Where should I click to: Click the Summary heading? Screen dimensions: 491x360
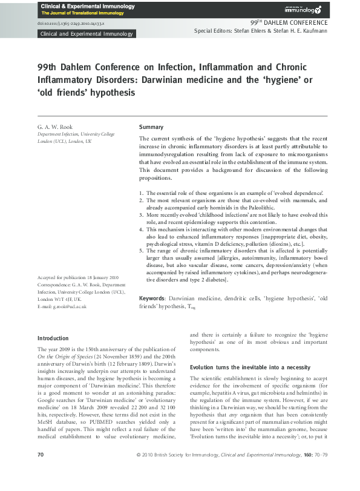point(151,127)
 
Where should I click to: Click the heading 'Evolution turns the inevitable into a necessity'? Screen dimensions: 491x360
point(250,367)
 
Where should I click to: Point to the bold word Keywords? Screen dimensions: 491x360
point(152,298)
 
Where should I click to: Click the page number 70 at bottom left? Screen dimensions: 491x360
point(41,471)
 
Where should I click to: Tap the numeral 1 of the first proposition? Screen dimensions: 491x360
point(141,193)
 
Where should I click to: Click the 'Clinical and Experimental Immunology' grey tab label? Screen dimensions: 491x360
point(86,34)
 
